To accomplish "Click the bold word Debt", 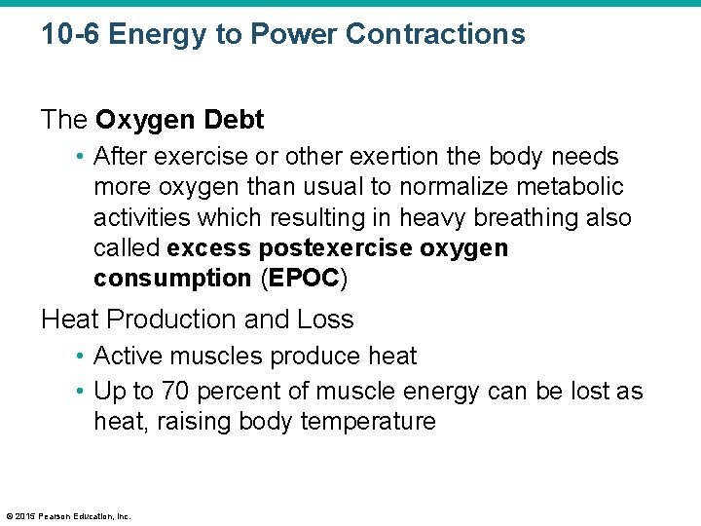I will pyautogui.click(x=234, y=121).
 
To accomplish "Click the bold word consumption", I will pyautogui.click(x=172, y=279).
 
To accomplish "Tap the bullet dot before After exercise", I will pyautogui.click(x=81, y=157).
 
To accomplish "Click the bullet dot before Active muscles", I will pyautogui.click(x=81, y=357).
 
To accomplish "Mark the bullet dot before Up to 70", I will pyautogui.click(x=81, y=392).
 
